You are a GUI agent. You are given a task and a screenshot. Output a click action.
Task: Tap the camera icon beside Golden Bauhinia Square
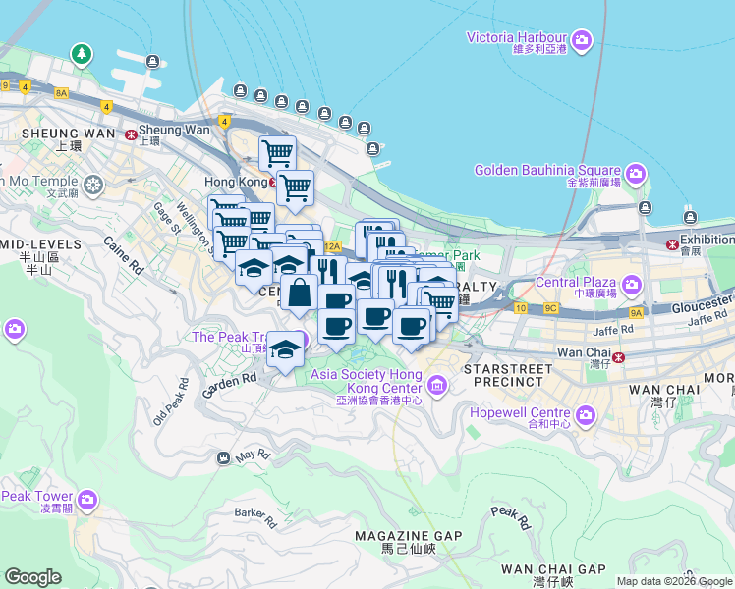(x=635, y=175)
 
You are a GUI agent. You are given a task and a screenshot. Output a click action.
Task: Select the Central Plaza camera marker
(x=629, y=286)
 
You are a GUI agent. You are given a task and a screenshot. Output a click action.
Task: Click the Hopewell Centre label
(x=520, y=413)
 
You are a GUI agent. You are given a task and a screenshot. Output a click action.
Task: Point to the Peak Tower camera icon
(x=88, y=500)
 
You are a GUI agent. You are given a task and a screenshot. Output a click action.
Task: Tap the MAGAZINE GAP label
(x=408, y=535)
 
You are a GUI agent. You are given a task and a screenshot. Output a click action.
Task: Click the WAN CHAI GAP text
(x=553, y=569)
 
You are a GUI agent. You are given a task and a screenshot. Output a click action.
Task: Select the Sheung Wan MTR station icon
(x=130, y=133)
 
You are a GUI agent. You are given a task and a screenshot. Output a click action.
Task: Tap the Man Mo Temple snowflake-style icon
(x=93, y=184)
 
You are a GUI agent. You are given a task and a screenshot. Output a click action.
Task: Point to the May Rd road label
(x=253, y=455)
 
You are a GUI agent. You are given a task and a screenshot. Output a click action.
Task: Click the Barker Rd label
(x=252, y=513)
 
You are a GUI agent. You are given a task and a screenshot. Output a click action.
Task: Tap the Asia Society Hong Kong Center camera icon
(x=436, y=381)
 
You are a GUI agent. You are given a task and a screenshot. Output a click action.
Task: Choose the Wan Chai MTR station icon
(x=618, y=357)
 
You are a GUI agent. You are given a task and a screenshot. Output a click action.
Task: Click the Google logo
(x=32, y=577)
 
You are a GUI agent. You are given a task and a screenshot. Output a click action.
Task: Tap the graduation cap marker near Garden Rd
(x=285, y=348)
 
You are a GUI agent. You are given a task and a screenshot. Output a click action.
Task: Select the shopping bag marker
(x=299, y=292)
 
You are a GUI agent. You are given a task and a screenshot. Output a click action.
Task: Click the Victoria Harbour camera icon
(x=582, y=39)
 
